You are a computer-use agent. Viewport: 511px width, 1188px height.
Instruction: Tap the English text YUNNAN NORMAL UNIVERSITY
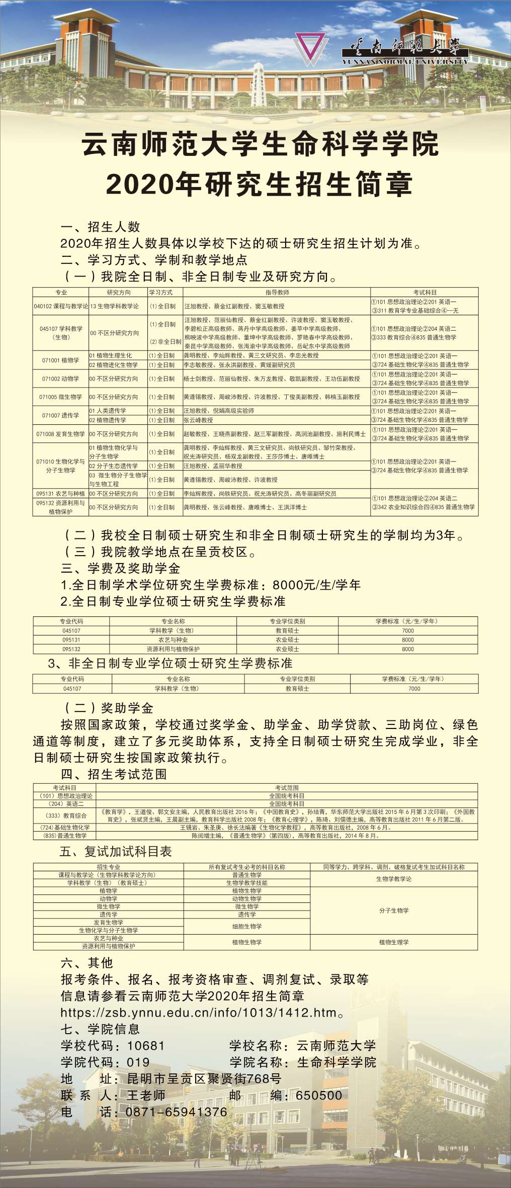(405, 61)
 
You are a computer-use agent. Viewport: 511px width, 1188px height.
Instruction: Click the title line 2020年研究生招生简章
(259, 184)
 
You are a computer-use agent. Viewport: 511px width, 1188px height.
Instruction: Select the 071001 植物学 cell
(60, 360)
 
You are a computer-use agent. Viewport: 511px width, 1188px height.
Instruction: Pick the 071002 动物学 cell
(60, 379)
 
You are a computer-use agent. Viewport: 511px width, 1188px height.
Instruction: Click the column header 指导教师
(277, 292)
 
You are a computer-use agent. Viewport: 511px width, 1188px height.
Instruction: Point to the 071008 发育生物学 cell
(60, 433)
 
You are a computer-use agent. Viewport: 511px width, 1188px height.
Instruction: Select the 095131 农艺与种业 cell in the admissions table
(60, 493)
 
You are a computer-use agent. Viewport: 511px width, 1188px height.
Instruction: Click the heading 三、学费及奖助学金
(121, 568)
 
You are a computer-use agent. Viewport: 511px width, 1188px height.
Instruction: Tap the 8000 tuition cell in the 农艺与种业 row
(408, 639)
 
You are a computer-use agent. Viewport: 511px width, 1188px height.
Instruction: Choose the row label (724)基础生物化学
(64, 827)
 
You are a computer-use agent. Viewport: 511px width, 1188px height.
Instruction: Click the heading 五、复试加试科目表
(116, 851)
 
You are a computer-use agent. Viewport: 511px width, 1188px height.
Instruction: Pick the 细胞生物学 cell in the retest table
(247, 926)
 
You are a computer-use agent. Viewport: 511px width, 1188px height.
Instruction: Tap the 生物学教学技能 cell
(247, 883)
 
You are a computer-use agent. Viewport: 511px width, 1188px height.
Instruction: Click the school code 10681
(146, 1045)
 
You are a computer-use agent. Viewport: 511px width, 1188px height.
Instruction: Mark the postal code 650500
(319, 1095)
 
